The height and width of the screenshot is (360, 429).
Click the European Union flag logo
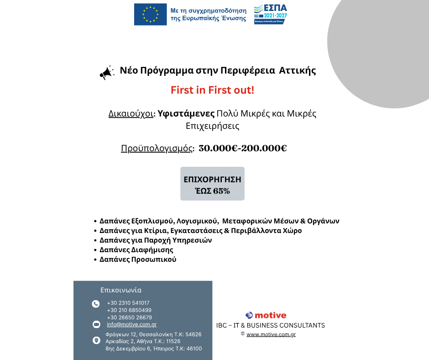coord(150,14)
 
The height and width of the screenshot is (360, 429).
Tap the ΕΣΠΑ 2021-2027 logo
coord(271,14)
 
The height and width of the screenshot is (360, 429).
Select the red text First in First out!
coord(212,90)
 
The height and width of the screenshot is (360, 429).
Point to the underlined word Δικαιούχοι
coord(131,114)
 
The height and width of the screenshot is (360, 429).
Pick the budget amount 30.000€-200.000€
coord(243,148)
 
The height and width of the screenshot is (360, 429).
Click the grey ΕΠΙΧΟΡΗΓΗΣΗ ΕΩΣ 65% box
coord(212,185)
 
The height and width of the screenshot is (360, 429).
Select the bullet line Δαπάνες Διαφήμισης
coord(136,250)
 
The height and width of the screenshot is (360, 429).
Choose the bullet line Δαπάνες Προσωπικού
coord(138,259)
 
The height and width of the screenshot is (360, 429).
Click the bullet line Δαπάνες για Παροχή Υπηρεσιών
coord(156,240)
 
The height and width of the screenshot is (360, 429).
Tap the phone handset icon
coord(96,304)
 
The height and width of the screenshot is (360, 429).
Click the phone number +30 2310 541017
coord(128,303)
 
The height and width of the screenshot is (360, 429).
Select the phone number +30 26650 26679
coord(130,318)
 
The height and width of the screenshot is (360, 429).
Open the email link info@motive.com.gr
coord(132,324)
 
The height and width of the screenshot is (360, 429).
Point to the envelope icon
coord(96,324)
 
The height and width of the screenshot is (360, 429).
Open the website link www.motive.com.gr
coord(271,334)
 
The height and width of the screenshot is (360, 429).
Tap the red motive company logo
coord(266,315)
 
